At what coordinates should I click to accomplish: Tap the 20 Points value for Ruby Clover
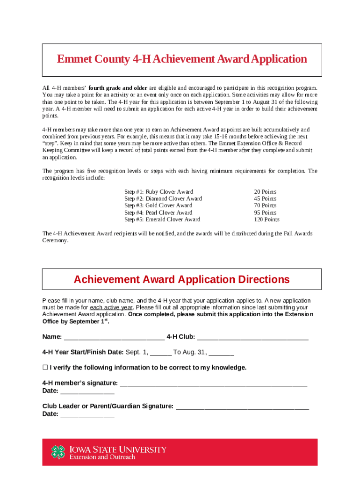point(265,192)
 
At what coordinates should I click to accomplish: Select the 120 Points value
point(266,219)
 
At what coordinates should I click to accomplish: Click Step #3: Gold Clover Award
point(158,205)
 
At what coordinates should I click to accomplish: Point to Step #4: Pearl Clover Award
point(158,212)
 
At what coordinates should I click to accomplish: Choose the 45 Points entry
point(265,199)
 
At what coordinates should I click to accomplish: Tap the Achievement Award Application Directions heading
point(181,280)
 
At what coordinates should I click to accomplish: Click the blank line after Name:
point(114,337)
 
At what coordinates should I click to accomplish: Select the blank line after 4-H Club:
point(253,337)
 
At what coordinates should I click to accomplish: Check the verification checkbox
point(45,367)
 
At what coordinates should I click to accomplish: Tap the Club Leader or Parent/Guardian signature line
point(242,406)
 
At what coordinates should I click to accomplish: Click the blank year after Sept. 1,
point(161,353)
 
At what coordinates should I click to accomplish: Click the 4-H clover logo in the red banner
point(58,452)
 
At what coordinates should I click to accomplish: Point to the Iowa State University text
point(118,450)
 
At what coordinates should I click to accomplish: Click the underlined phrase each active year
point(111,307)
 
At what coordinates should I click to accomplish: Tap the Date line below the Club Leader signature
point(87,414)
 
